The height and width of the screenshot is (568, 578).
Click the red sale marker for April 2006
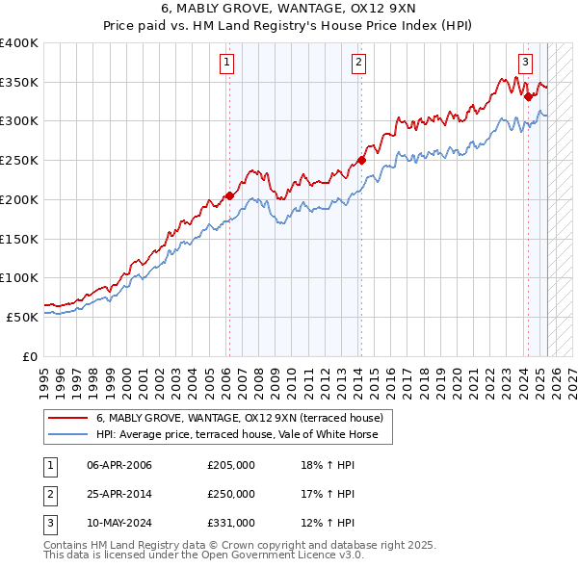click(x=229, y=195)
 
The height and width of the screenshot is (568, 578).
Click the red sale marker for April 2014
click(x=361, y=160)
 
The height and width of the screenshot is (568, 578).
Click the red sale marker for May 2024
click(x=528, y=95)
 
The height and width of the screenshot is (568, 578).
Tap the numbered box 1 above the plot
click(x=226, y=63)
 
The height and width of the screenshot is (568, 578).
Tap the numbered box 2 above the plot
click(x=358, y=63)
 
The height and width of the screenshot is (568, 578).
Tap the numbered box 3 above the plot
click(x=525, y=63)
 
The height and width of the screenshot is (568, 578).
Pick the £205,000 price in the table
click(x=230, y=465)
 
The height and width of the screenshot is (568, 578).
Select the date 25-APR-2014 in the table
click(x=119, y=494)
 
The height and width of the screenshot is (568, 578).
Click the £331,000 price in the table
click(x=230, y=523)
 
